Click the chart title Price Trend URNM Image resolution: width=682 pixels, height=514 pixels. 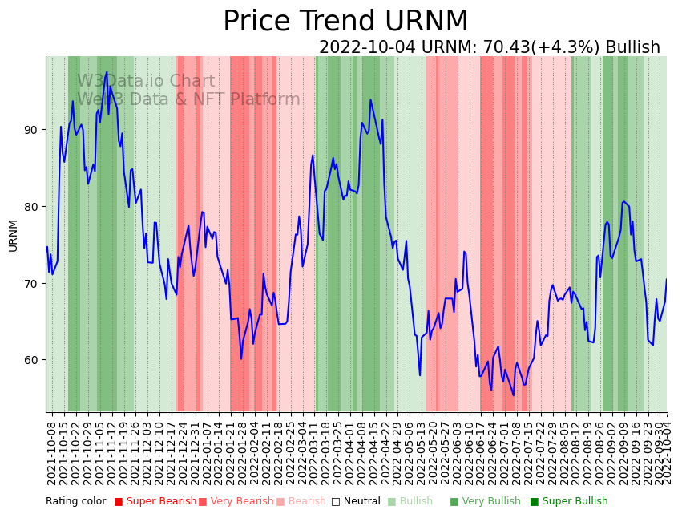coord(345,22)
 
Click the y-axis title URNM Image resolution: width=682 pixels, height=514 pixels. coord(13,235)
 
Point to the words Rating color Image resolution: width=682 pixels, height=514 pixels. coord(75,501)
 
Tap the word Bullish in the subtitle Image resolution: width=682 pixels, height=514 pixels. coord(632,47)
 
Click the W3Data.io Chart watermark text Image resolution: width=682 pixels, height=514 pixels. coord(146,82)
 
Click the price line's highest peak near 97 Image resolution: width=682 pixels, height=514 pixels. coord(107,72)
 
